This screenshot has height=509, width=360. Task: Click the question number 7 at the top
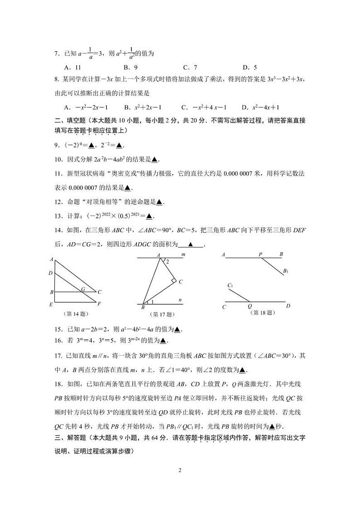57,54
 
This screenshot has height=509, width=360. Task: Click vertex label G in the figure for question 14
83,289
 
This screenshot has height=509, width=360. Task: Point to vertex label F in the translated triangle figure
99,304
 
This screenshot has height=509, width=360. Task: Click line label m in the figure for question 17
183,255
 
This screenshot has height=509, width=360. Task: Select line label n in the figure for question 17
180,300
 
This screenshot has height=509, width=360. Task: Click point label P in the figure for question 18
261,254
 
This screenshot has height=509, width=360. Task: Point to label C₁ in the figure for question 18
230,285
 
